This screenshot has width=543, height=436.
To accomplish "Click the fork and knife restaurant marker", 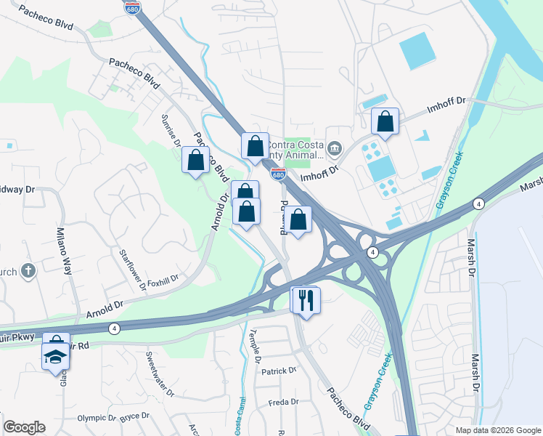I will (x=306, y=299).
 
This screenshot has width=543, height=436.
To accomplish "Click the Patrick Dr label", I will (x=279, y=371).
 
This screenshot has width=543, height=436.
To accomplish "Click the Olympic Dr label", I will (x=97, y=418).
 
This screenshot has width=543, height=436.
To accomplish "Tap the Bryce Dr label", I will (x=134, y=416).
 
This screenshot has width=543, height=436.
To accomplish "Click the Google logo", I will (x=24, y=427).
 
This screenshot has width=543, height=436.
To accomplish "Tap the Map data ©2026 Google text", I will (x=497, y=430).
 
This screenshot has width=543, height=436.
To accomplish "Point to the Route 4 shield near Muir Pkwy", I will (x=114, y=329).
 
